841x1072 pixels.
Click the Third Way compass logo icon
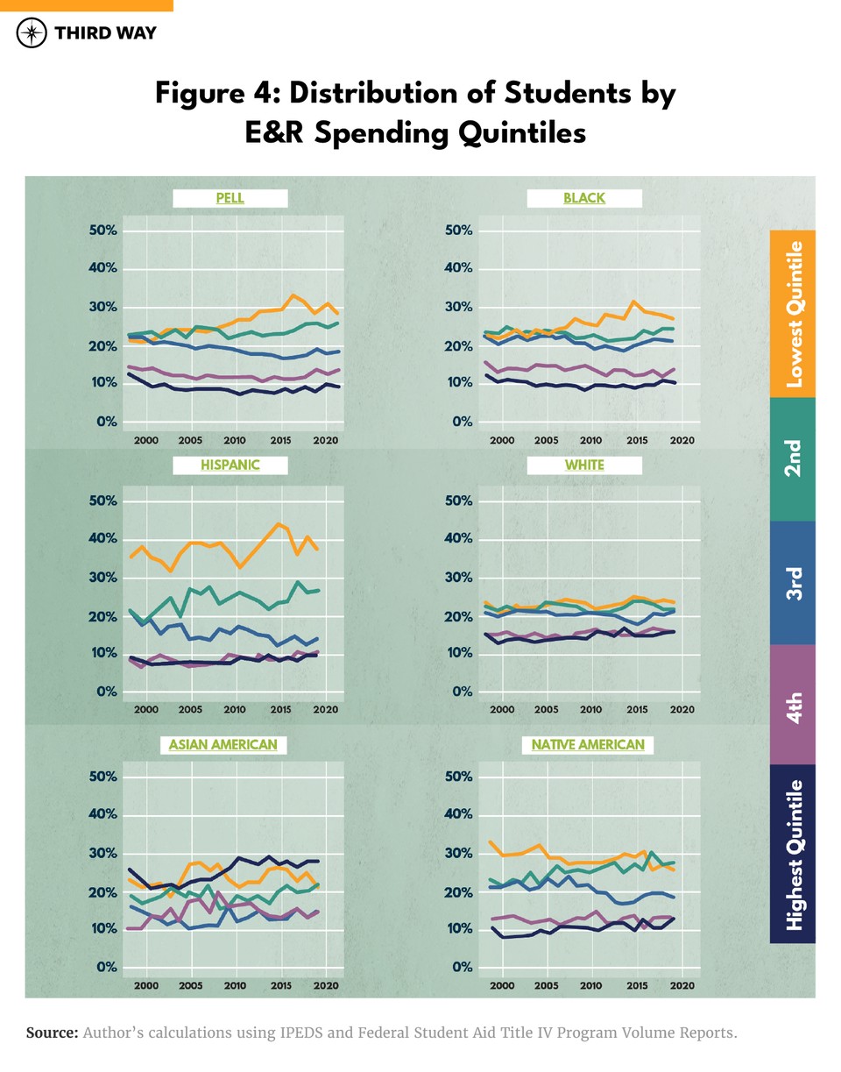point(32,33)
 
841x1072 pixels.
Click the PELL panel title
point(230,198)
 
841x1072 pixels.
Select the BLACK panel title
point(584,198)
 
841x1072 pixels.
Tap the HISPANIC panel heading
point(230,465)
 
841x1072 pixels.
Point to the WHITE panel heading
point(584,465)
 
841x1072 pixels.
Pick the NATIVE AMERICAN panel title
point(587,745)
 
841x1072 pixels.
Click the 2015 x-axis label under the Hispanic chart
point(280,708)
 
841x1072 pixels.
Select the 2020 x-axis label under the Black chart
point(682,439)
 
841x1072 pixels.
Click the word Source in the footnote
point(53,1033)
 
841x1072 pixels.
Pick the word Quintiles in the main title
point(507,133)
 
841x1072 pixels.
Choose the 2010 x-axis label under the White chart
point(591,708)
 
